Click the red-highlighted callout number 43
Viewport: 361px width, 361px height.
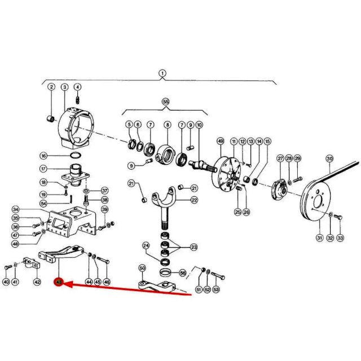point(59,282)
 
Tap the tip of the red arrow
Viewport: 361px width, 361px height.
point(63,283)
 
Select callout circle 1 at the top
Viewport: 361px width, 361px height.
point(162,73)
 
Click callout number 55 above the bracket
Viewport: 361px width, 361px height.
point(166,102)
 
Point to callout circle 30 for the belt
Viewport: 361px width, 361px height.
point(329,159)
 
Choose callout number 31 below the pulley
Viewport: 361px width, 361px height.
point(320,237)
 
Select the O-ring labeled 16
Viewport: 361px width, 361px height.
point(76,156)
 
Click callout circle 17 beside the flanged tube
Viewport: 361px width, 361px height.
point(43,169)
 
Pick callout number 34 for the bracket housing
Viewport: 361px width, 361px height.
point(16,209)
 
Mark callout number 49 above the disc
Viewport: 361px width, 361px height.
point(221,141)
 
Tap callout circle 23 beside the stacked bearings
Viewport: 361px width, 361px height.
point(194,247)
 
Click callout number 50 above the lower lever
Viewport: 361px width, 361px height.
point(142,268)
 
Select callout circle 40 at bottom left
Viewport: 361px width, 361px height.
point(6,281)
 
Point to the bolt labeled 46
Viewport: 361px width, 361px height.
point(103,260)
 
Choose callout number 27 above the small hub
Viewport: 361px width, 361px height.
point(280,159)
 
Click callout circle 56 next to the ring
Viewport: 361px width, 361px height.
point(182,273)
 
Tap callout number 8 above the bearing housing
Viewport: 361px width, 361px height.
point(168,125)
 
